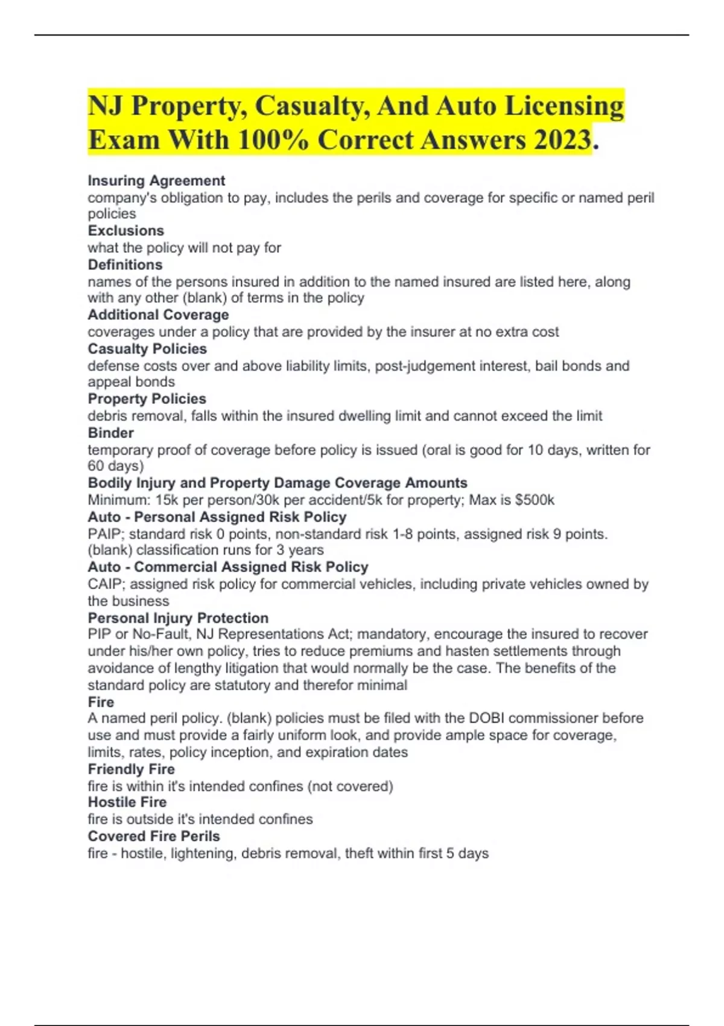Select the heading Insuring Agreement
coord(156,180)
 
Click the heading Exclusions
coord(125,231)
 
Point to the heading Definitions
coord(125,264)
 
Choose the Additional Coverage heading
coord(158,314)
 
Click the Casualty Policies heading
coord(147,349)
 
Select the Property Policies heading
coord(147,399)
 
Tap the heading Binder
coord(110,433)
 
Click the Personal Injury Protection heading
coord(178,618)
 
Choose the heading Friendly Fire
coord(131,769)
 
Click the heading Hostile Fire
coord(127,802)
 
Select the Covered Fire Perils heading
coord(154,836)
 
